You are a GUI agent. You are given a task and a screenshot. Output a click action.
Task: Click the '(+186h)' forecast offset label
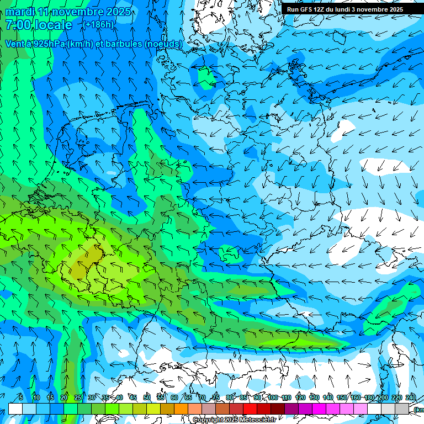pos(98,25)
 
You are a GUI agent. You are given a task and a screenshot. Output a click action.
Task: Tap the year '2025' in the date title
pos(118,12)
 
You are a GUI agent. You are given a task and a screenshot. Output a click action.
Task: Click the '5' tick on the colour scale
pos(21,398)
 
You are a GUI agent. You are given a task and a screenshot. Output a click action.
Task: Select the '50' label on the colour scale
pos(147,398)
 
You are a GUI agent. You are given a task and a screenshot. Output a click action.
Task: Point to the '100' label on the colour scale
pos(273,398)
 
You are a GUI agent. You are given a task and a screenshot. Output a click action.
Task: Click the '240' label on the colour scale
pos(410,398)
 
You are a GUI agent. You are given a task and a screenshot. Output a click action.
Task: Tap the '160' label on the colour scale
pos(356,398)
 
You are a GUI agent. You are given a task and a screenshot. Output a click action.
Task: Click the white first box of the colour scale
pos(15,409)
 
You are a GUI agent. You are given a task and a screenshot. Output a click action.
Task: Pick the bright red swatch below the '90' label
pos(251,409)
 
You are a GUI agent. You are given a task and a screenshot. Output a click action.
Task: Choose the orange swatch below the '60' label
pos(167,409)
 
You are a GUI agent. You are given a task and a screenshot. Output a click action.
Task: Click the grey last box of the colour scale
pos(402,409)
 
